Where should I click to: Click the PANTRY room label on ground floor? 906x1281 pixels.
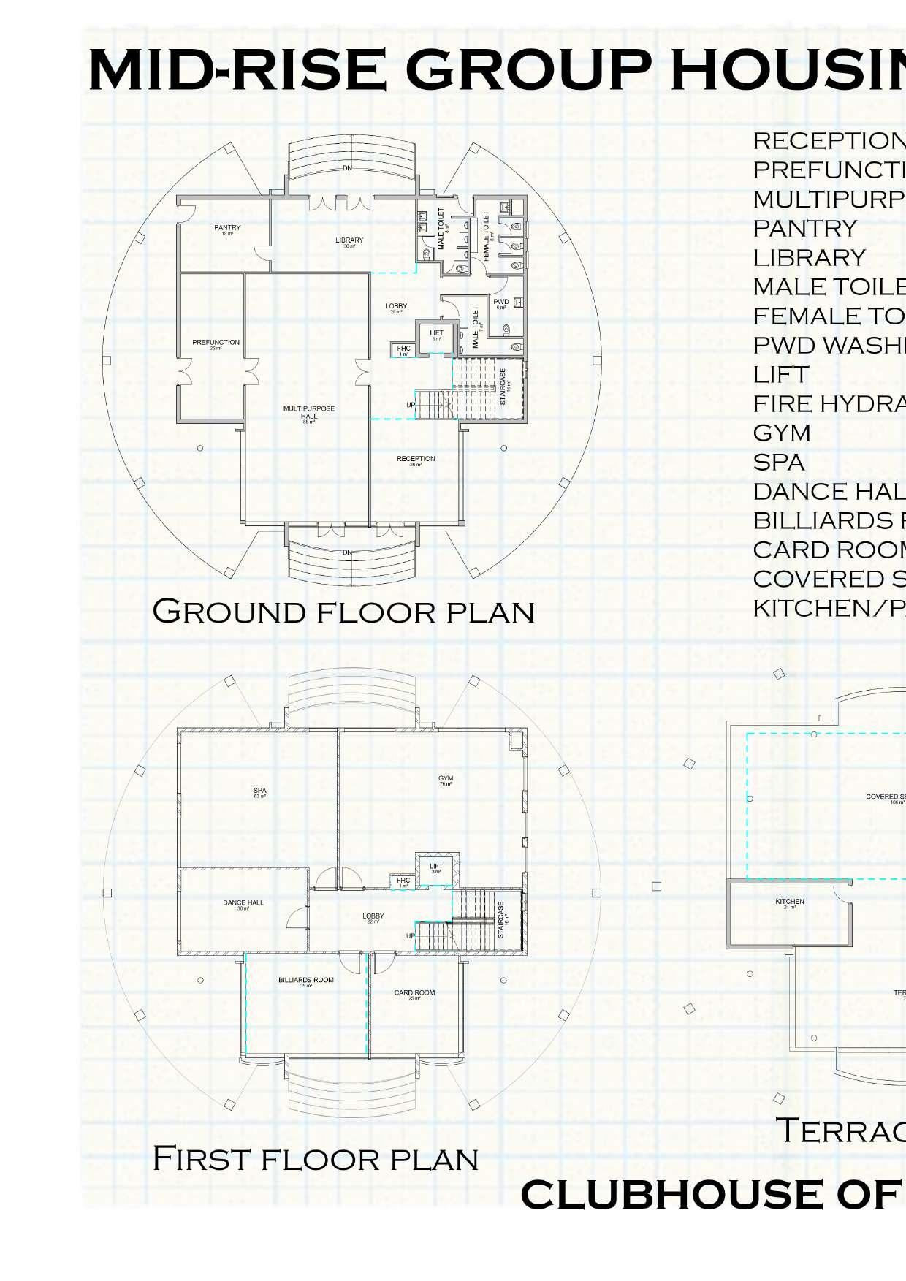click(x=227, y=228)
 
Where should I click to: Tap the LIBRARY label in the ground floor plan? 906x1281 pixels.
click(x=349, y=240)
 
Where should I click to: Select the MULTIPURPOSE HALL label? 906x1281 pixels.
click(x=309, y=413)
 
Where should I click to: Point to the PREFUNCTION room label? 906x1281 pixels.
click(x=216, y=343)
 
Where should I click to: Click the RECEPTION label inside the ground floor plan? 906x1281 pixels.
click(x=416, y=459)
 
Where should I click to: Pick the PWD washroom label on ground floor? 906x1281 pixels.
click(x=501, y=302)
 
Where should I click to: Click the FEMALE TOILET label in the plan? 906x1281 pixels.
click(x=487, y=235)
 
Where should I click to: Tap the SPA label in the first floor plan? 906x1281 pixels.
click(x=259, y=791)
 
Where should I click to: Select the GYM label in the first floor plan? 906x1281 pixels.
click(x=446, y=778)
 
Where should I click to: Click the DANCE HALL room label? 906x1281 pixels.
click(x=243, y=903)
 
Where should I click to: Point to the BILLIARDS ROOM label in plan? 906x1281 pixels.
click(x=306, y=980)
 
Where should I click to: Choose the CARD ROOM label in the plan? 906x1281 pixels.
click(x=414, y=993)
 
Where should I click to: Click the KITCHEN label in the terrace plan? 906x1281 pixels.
click(x=790, y=902)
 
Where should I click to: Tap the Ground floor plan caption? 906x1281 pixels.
click(x=343, y=611)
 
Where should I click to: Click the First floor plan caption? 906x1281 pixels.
click(x=315, y=1158)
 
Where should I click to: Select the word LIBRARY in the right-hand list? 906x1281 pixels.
click(x=810, y=258)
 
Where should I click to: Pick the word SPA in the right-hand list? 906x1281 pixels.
click(x=779, y=463)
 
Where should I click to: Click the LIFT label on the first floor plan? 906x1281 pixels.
click(x=436, y=866)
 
